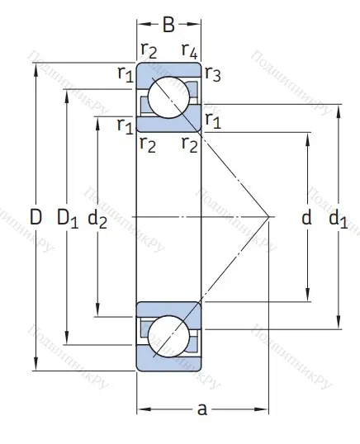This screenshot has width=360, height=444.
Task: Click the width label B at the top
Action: (168, 24)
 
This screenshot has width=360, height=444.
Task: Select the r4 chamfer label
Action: (189, 54)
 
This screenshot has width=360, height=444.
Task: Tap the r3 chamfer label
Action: (212, 75)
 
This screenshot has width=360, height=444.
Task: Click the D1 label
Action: (67, 218)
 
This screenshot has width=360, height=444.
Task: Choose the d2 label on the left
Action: (97, 218)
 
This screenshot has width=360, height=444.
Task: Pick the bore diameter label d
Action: (306, 218)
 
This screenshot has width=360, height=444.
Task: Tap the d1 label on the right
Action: (338, 218)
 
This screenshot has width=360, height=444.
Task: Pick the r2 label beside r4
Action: (149, 54)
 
